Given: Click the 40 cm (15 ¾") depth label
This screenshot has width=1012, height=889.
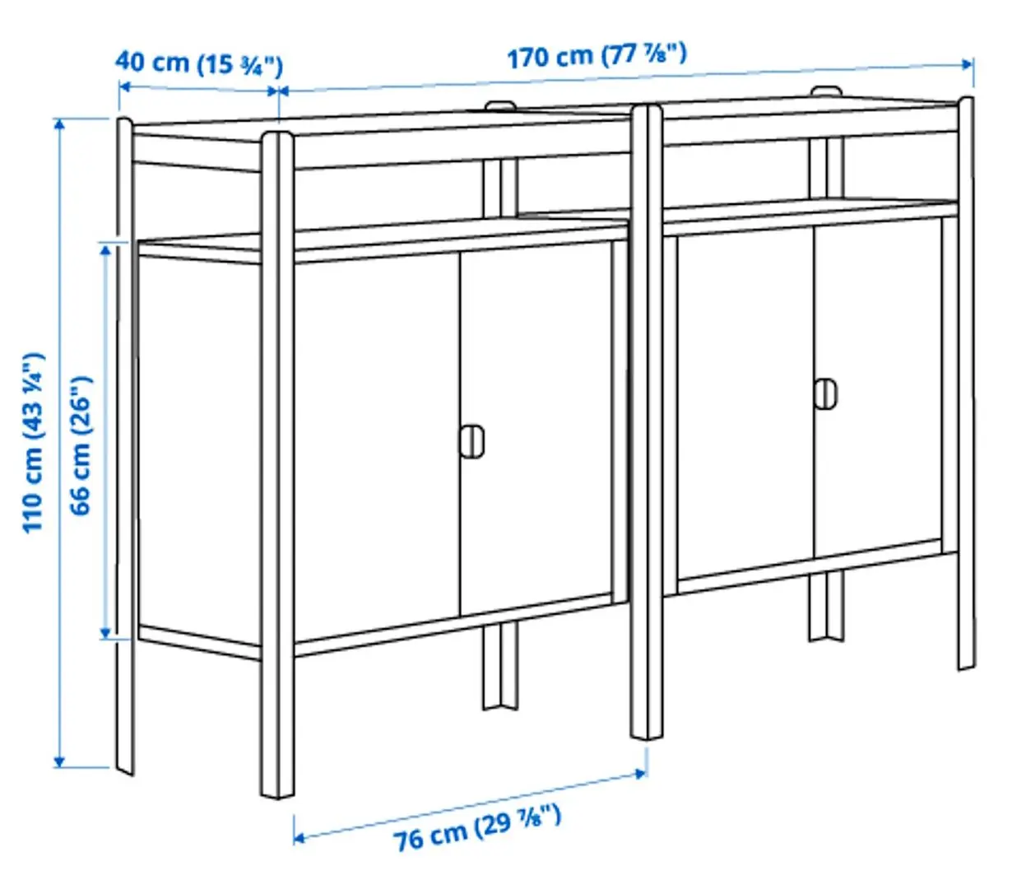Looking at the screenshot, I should (199, 63).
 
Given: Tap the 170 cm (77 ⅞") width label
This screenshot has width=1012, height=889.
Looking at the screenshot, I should (597, 56).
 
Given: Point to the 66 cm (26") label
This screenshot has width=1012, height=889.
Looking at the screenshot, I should (81, 444).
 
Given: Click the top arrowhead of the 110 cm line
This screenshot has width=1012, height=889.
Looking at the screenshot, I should (59, 124).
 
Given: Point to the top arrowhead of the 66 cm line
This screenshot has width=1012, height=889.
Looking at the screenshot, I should (105, 249).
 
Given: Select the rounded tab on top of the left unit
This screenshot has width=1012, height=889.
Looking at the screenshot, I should (500, 105).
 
